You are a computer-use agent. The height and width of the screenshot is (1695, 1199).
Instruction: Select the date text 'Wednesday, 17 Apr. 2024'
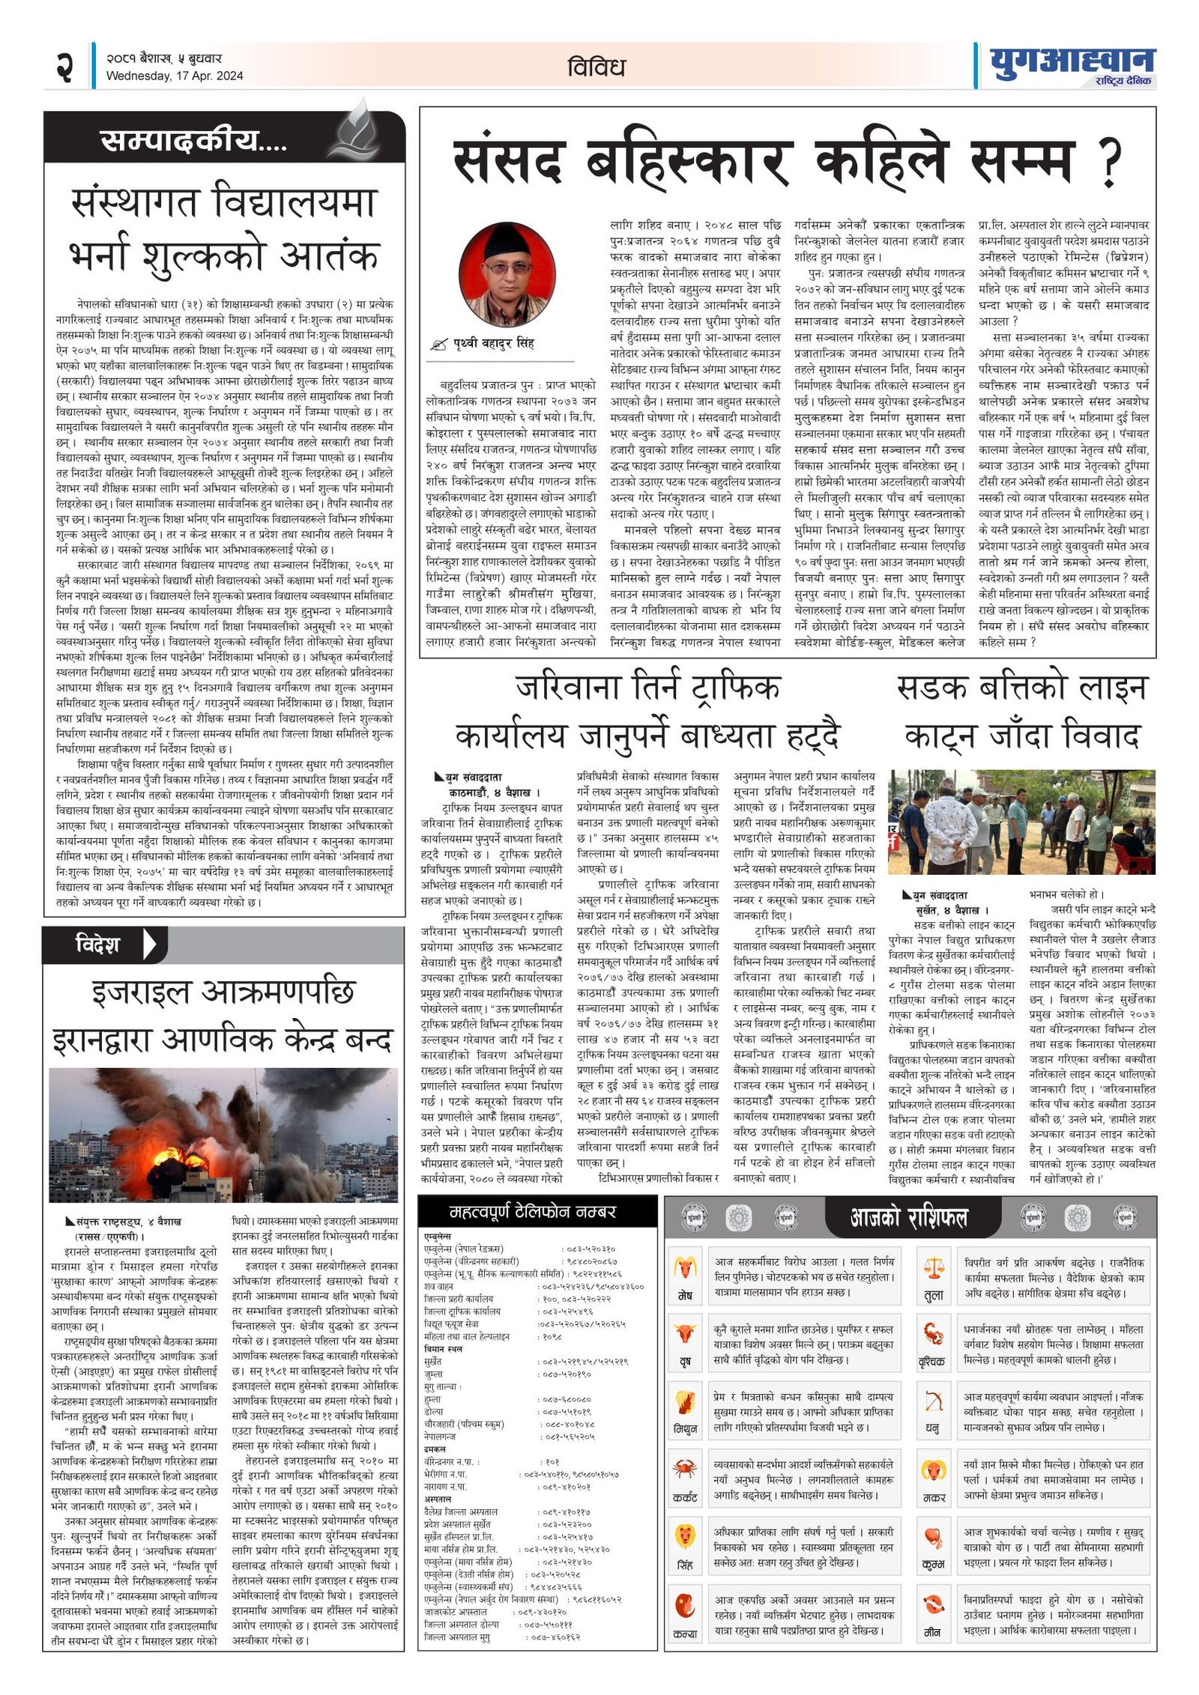[x=175, y=76]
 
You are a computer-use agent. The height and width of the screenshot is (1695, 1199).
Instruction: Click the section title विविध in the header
[x=596, y=67]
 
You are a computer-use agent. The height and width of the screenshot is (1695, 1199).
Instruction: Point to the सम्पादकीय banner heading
[x=193, y=140]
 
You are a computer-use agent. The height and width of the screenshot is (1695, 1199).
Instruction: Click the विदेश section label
[x=97, y=944]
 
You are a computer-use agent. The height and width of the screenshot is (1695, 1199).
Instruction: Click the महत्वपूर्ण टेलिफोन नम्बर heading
[x=532, y=1212]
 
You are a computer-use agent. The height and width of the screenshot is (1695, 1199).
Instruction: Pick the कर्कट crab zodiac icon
[x=685, y=1469]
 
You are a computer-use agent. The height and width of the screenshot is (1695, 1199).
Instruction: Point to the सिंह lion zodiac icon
[x=685, y=1536]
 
